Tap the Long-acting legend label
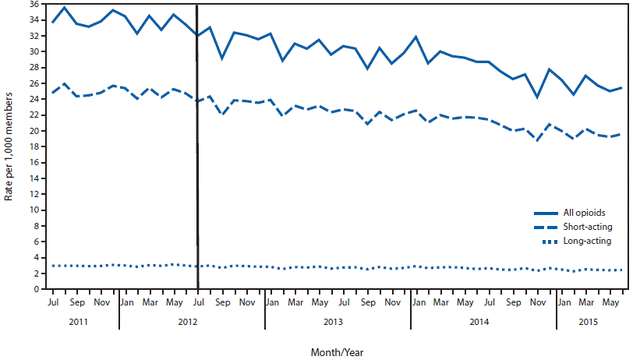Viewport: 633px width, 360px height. click(x=586, y=242)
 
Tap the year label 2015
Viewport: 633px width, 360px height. click(x=588, y=323)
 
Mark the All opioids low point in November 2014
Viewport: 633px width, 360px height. click(x=537, y=97)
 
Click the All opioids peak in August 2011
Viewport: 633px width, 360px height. click(x=64, y=7)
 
